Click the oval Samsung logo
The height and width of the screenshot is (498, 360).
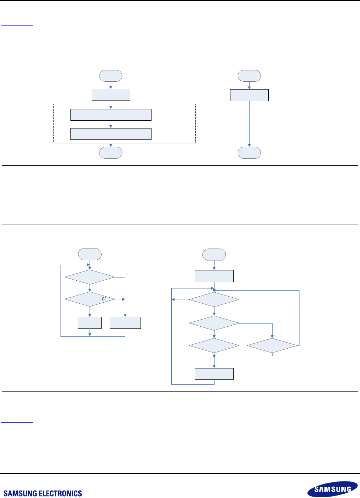332,489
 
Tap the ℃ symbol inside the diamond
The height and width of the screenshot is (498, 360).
104,299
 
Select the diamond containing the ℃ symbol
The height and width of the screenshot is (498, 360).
90,299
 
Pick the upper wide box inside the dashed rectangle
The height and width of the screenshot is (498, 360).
111,115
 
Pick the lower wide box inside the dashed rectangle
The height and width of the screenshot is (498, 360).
111,134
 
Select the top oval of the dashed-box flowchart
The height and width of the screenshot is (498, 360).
111,76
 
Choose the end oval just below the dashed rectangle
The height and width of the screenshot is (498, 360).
111,153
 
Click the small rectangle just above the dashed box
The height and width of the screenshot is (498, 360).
111,95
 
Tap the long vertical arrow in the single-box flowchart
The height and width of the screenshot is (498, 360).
249,124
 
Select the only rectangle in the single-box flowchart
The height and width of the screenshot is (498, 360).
249,95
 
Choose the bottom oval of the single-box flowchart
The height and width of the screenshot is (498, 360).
249,153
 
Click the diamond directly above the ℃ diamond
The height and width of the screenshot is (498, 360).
90,277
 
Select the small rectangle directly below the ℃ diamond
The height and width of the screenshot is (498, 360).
90,323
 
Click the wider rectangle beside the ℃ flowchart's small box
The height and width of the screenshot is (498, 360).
125,323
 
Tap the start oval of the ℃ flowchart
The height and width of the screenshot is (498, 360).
90,254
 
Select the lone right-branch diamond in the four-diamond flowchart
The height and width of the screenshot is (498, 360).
272,345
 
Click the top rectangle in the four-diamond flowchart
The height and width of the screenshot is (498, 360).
214,276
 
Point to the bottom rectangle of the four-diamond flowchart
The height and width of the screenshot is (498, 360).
214,374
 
